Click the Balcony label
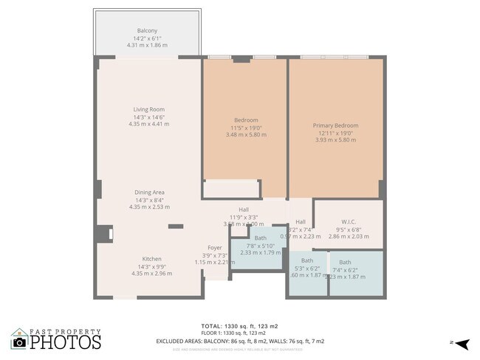148,30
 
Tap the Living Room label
148,109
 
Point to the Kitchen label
151,259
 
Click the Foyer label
214,248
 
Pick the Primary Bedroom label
335,125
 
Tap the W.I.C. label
349,221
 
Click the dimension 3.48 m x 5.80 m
246,134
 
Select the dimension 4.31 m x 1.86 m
148,45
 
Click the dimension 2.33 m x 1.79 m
261,252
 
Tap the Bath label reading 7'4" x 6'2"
345,262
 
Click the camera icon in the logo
20,342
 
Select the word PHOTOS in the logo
65,343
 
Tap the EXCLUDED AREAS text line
239,341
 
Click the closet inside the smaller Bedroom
231,189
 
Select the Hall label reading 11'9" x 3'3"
244,210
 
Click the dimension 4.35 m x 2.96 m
151,274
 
